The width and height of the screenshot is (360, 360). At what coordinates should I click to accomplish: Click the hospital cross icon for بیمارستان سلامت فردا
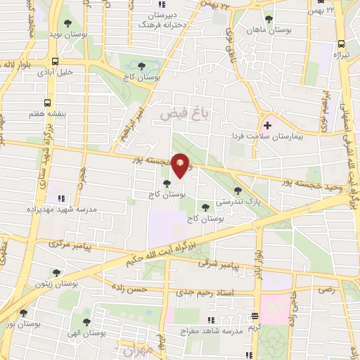coord(267,125)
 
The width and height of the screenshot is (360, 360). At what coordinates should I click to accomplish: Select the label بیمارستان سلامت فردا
coord(268,137)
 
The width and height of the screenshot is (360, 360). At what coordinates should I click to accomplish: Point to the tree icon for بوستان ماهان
coord(269,18)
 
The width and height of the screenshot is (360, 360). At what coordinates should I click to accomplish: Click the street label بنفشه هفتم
coord(28,112)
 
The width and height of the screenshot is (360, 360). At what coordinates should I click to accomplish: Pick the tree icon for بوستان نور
coord(23,314)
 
